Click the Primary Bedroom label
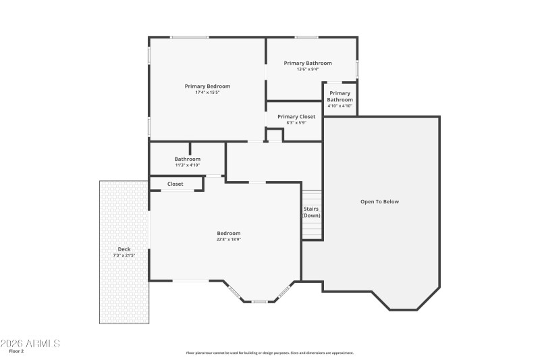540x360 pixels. [x=207, y=86]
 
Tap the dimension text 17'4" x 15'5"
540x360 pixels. [x=207, y=93]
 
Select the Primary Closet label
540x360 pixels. [x=296, y=117]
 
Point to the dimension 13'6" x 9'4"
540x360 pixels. [x=307, y=69]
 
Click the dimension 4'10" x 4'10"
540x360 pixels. [x=340, y=105]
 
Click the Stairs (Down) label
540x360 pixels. [x=311, y=212]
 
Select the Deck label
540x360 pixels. [x=124, y=249]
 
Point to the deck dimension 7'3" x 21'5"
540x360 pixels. [x=124, y=255]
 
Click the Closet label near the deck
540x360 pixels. [x=175, y=184]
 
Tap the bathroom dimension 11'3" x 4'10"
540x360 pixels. [x=187, y=165]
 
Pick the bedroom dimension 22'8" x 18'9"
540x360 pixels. [x=228, y=239]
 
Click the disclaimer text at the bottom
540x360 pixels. [x=269, y=353]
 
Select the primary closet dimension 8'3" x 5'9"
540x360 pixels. [x=296, y=123]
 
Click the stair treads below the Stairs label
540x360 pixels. [x=311, y=230]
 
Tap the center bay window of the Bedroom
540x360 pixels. [x=259, y=301]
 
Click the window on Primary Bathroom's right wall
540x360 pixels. [x=357, y=69]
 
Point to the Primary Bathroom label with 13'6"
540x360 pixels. [x=307, y=63]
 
